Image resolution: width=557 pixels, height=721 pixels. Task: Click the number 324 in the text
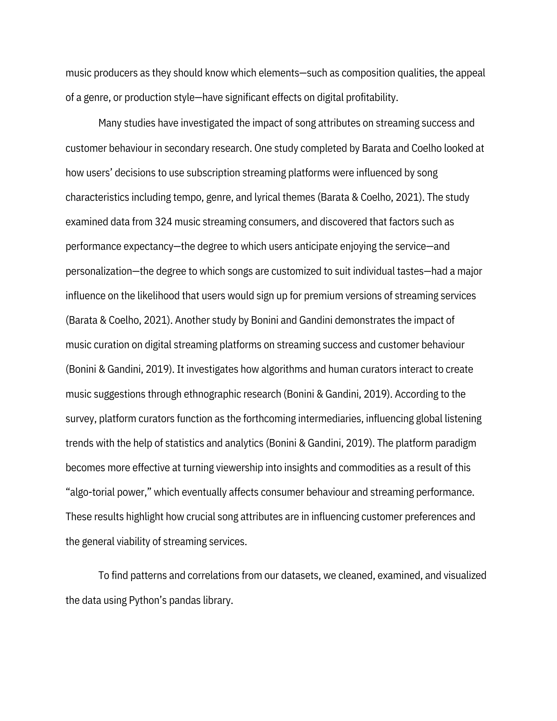(163, 222)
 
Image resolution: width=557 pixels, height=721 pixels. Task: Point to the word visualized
(465, 576)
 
